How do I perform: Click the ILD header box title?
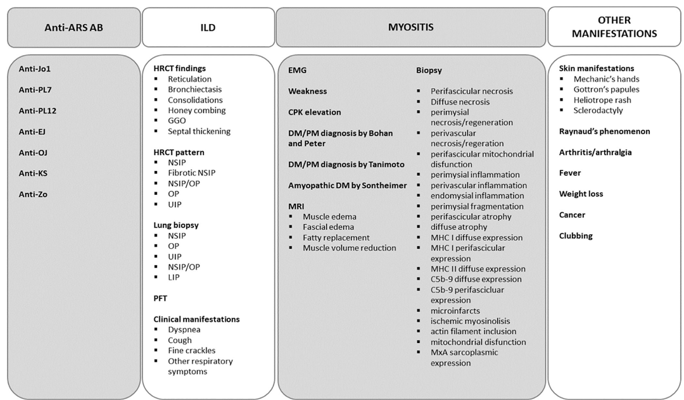(209, 27)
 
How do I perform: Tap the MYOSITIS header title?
(410, 27)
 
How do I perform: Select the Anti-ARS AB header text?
(73, 27)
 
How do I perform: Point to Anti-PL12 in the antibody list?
(38, 111)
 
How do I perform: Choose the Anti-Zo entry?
(33, 194)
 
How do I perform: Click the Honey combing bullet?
(196, 111)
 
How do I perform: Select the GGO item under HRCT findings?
(178, 121)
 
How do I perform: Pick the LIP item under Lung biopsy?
(174, 277)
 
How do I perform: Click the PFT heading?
(161, 298)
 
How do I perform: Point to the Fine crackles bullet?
(191, 351)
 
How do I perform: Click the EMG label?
(298, 70)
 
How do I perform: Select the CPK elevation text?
(315, 112)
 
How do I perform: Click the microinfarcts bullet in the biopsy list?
(455, 311)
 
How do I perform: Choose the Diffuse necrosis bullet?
(460, 102)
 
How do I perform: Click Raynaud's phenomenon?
(605, 132)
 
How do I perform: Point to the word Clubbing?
(576, 236)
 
